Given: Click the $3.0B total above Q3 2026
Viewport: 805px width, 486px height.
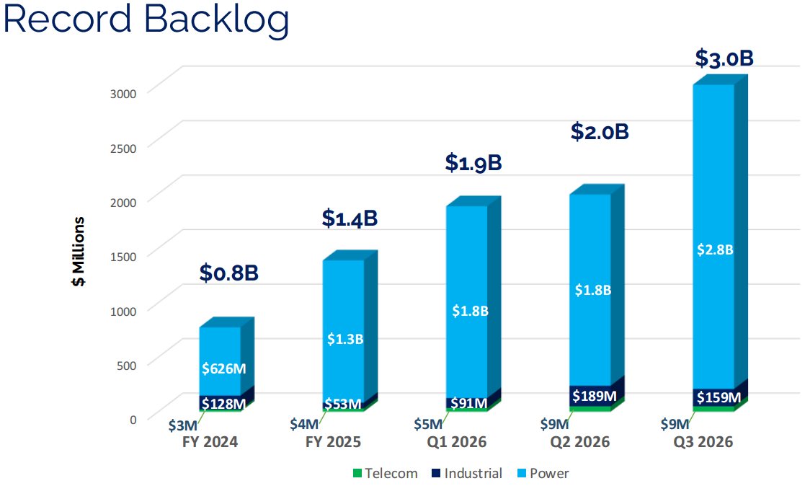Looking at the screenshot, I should point(724,58).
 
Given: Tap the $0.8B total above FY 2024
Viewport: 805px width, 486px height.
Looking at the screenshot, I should point(228,273).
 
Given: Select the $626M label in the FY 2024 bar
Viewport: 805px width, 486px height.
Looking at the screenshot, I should point(223,368).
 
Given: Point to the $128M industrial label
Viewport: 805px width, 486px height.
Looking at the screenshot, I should point(223,403).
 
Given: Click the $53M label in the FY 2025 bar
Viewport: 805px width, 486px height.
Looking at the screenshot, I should point(342,404).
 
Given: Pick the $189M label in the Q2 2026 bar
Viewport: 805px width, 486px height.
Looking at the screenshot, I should point(594,395).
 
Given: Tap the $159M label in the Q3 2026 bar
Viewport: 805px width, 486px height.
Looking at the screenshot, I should point(719,397).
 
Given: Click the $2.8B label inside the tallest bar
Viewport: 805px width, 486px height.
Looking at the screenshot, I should point(716,249).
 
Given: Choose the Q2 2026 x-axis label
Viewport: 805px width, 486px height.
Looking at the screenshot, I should point(580,442).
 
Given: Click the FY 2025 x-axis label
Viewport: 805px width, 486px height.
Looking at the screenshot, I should point(332,442).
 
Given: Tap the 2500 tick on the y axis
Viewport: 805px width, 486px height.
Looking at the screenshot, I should point(122,149).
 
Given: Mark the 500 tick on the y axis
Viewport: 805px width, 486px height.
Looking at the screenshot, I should point(126,365).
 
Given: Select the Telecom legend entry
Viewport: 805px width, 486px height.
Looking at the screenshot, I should point(385,474).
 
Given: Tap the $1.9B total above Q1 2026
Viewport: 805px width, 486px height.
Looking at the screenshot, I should point(473,163).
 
